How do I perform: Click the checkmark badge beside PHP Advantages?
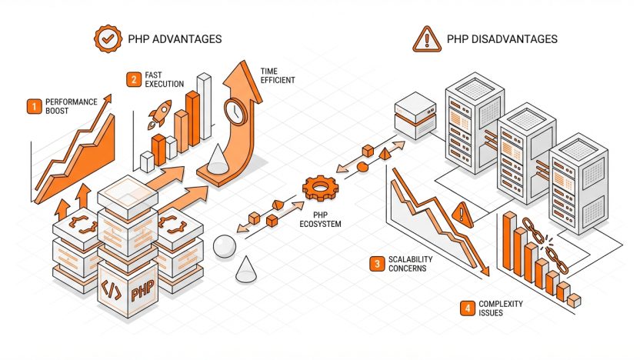click(108, 38)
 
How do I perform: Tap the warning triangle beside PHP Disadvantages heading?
click(427, 40)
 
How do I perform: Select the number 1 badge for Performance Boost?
click(35, 106)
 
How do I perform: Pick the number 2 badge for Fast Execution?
click(134, 79)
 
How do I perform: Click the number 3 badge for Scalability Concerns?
click(377, 264)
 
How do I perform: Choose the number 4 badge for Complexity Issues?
click(468, 308)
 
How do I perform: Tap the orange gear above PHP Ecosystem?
click(321, 188)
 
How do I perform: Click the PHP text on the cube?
click(142, 290)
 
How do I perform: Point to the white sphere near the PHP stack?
click(225, 246)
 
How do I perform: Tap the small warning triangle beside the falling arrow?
click(462, 215)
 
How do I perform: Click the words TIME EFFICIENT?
click(278, 76)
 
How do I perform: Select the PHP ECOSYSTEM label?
click(321, 219)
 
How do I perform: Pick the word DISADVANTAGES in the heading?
click(515, 39)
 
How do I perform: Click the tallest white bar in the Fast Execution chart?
click(204, 107)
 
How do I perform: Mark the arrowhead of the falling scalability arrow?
click(485, 270)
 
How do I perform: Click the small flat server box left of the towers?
click(415, 115)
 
